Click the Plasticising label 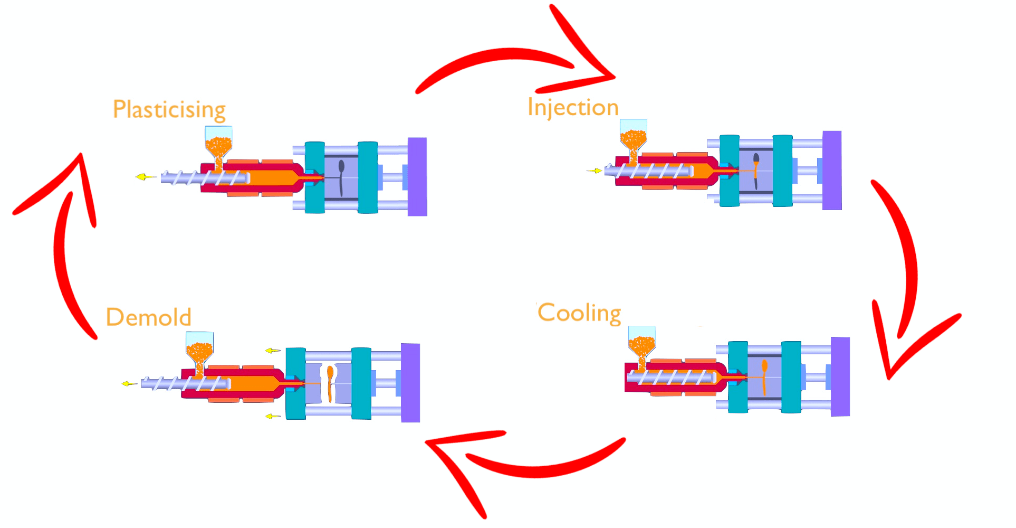tap(169, 109)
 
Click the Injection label tap(573, 107)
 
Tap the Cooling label tap(579, 313)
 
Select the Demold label tap(149, 317)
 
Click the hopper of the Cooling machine tap(642, 342)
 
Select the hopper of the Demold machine tap(199, 347)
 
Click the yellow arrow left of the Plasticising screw tap(143, 177)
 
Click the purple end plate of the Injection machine tap(832, 170)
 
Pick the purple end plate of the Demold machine tap(410, 383)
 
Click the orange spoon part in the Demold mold tap(330, 383)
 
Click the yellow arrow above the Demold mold tap(272, 351)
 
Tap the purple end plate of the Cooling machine tap(840, 376)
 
